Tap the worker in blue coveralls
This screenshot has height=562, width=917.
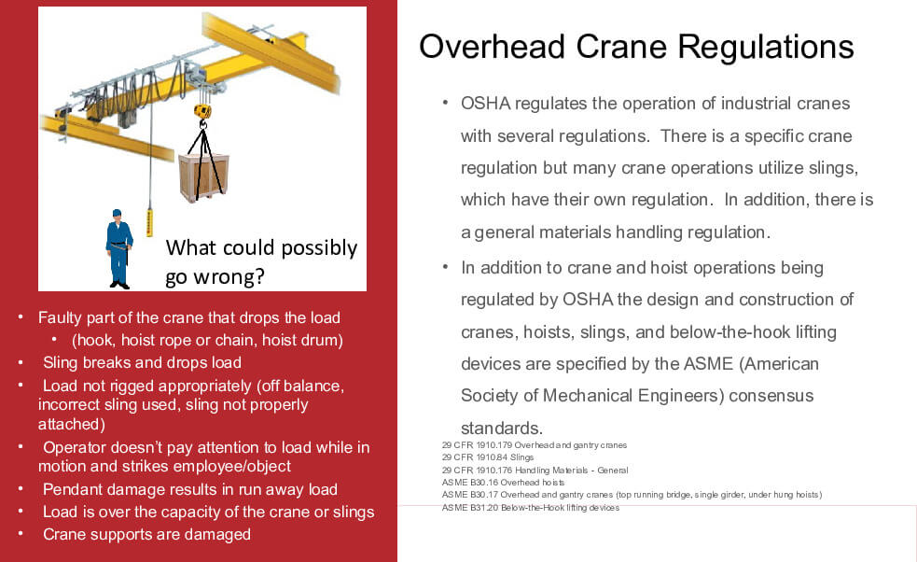(118, 247)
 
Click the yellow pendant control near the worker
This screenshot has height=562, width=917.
(149, 222)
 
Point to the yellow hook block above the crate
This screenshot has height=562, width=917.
(202, 113)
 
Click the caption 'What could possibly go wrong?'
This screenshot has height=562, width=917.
(261, 262)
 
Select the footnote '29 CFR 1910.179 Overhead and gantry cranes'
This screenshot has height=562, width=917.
(534, 445)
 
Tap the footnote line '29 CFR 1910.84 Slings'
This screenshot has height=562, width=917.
(488, 457)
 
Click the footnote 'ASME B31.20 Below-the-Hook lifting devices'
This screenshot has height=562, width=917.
(530, 507)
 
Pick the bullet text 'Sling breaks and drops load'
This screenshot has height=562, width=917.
(142, 362)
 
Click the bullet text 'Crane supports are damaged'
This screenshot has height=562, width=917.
(146, 534)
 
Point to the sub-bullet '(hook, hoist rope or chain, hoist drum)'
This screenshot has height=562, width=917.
(207, 340)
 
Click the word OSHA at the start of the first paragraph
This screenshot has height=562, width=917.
(484, 103)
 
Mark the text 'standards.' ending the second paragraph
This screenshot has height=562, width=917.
(501, 428)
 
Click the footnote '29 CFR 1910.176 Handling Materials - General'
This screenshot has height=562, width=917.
(535, 470)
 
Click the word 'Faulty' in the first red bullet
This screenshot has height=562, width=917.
(60, 317)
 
